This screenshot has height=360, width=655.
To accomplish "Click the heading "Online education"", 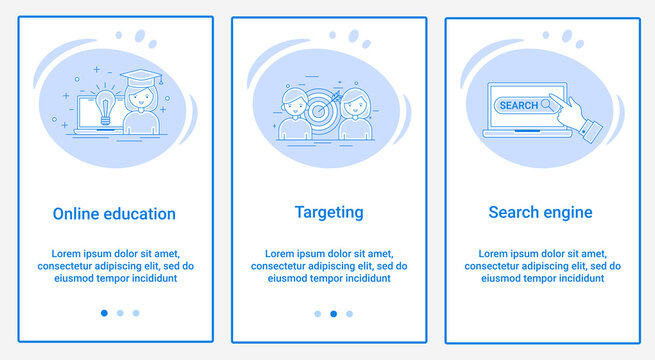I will click(114, 214).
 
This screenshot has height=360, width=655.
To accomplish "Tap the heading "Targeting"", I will click(329, 212).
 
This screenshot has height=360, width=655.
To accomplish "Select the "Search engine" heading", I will click(540, 212).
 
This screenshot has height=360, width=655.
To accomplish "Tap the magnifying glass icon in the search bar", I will click(548, 104).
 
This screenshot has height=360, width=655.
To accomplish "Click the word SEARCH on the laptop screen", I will click(519, 105).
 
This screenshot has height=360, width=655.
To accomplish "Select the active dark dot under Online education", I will click(104, 313).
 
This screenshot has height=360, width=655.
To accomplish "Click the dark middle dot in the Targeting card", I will click(333, 313).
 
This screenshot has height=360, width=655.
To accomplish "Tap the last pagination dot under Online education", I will click(136, 313).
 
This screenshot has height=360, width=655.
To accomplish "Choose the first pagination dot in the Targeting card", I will click(318, 313).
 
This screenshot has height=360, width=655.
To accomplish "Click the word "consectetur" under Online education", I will click(70, 267).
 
